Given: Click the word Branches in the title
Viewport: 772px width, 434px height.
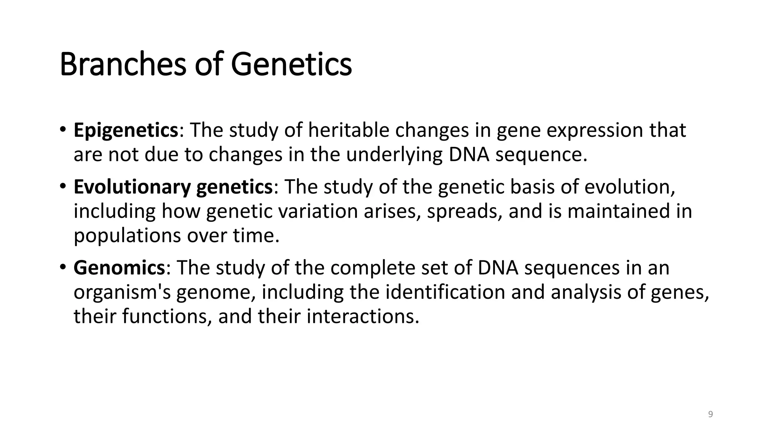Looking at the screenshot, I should click(123, 64).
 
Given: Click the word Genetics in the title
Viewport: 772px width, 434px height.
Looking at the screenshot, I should click(291, 64).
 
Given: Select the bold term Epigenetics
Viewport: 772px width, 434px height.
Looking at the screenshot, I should click(126, 130).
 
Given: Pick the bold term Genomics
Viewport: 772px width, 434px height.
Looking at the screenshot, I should click(119, 268).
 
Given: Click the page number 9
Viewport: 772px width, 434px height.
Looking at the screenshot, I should click(711, 414).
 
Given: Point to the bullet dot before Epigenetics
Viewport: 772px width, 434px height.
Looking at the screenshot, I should click(63, 130).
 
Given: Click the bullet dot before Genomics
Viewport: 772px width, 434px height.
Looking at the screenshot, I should click(63, 267).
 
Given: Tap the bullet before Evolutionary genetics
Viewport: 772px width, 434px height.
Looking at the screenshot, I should click(63, 186).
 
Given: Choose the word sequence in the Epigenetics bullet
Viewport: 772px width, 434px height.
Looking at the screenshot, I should click(541, 155).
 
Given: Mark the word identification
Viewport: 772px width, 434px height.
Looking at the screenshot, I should click(445, 292).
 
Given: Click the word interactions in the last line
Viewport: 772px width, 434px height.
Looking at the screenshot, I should click(363, 316).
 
